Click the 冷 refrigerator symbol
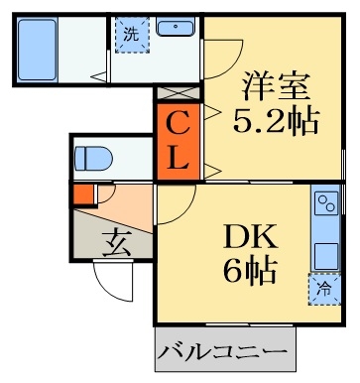tap(324, 290)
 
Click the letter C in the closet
tap(179, 123)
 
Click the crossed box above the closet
tap(179, 93)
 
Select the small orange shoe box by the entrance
tap(83, 193)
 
